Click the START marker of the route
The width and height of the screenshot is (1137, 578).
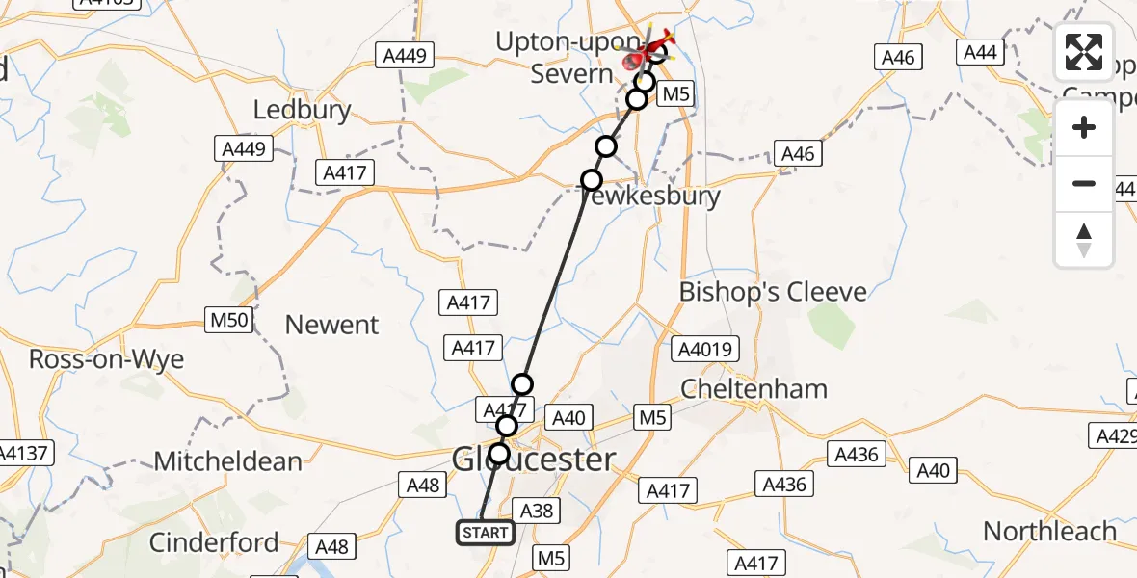coord(485,533)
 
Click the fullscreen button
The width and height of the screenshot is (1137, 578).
coord(1084,53)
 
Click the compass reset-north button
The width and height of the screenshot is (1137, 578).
coord(1084,240)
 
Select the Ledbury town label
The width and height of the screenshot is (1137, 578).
coord(302,110)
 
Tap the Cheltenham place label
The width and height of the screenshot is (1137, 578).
coord(754,389)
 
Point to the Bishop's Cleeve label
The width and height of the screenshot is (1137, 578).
coord(773,292)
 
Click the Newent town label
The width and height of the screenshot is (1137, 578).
coord(332,325)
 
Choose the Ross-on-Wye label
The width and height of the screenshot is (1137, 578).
coord(106,359)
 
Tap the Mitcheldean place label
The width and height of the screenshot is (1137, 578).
coord(227,461)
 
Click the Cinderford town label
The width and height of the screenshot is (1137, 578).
coord(214,542)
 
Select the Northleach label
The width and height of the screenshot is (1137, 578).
coord(1049,531)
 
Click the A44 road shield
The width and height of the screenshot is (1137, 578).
coord(980,52)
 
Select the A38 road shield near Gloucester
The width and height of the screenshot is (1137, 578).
coord(536,511)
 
